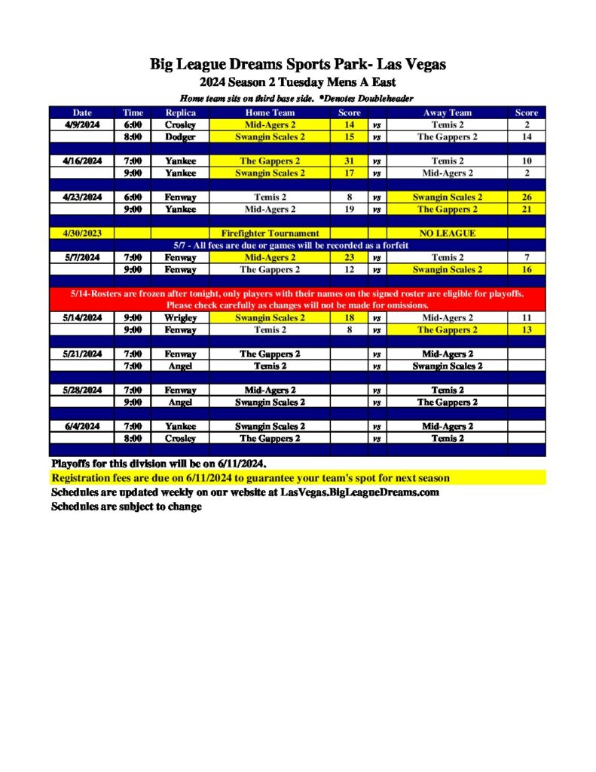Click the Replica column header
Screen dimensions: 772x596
[x=180, y=112]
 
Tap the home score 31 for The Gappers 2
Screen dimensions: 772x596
[x=350, y=161]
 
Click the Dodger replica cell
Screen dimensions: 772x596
[x=180, y=136]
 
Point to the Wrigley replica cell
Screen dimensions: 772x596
[x=180, y=317]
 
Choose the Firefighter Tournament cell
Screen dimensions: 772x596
[x=270, y=233]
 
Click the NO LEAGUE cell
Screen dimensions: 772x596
[x=447, y=233]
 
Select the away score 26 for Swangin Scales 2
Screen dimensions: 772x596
[x=527, y=197]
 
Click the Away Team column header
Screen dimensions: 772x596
[x=447, y=112]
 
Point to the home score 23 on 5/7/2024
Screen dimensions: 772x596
[x=350, y=257]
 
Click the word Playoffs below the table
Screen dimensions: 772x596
[x=71, y=462]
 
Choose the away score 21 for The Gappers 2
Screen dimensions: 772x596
[x=527, y=209]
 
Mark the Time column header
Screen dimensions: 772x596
[x=133, y=112]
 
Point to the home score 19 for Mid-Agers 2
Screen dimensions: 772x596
[x=350, y=209]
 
